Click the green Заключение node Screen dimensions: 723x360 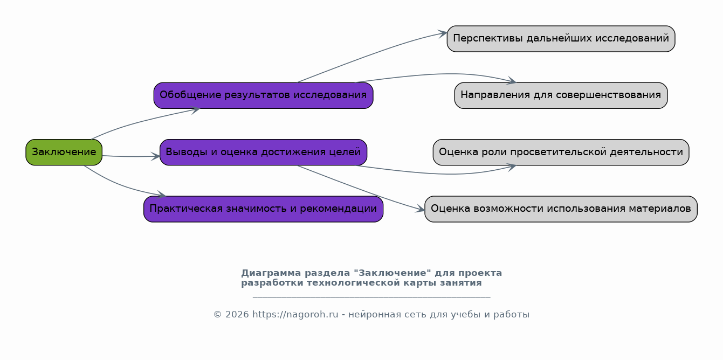point(64,153)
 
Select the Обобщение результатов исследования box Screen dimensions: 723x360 point(264,95)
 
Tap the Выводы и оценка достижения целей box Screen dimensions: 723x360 point(264,153)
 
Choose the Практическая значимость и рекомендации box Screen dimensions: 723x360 point(264,209)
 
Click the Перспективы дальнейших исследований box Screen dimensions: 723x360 point(561,39)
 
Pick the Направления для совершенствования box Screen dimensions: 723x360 point(561,95)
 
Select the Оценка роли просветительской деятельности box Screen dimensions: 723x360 point(561,153)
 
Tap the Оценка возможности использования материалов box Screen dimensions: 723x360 point(561,209)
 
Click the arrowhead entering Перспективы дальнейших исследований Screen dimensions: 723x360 point(443,33)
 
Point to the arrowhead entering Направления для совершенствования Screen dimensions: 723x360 point(512,81)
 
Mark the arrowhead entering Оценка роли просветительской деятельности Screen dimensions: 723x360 point(512,167)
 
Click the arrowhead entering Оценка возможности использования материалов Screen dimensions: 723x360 point(420,209)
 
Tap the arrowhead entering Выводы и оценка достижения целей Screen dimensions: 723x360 point(156,156)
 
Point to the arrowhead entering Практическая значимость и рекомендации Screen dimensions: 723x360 point(161,194)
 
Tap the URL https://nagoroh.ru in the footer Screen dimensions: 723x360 point(295,315)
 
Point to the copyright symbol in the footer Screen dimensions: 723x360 point(217,315)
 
